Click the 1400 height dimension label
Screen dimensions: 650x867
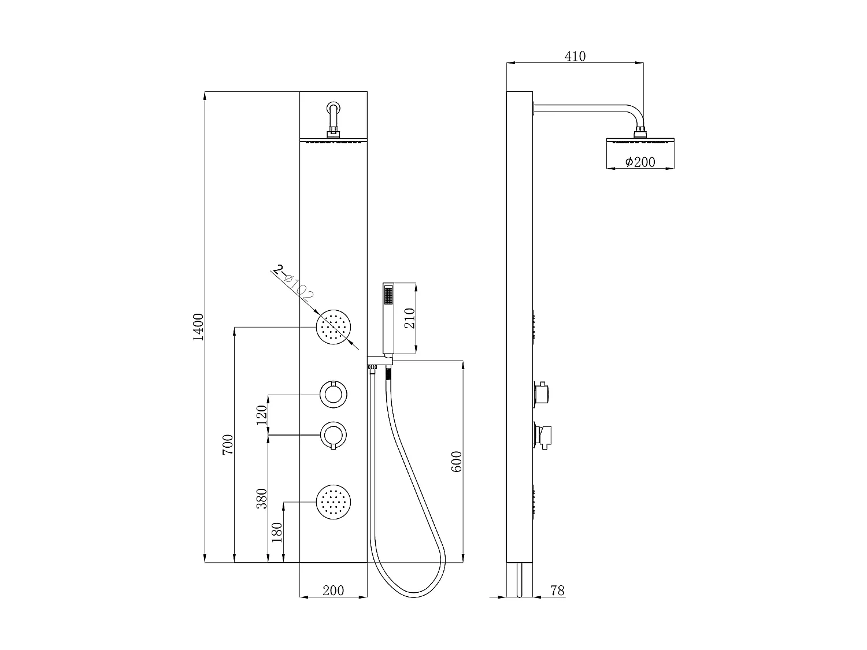(199, 326)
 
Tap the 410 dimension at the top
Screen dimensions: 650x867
(575, 56)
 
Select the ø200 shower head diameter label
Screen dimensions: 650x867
(640, 162)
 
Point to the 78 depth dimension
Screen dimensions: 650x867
(557, 590)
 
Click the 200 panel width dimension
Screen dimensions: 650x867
(333, 590)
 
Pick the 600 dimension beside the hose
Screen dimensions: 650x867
(456, 461)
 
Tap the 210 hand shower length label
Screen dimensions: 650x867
(409, 318)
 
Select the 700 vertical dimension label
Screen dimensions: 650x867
(228, 445)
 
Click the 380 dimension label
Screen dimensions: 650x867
(262, 498)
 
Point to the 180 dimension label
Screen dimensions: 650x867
(277, 532)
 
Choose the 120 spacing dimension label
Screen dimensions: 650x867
(262, 414)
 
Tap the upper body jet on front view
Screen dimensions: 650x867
(334, 328)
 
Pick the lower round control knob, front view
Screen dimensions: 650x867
(334, 434)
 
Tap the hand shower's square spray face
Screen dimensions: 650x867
(388, 296)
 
